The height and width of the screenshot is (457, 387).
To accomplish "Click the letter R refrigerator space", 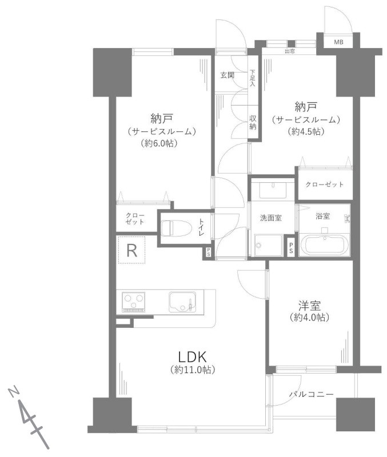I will (x=131, y=250).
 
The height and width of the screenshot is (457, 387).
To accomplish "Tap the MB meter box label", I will (x=339, y=42).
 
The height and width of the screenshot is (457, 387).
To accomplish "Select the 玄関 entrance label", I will (x=228, y=75).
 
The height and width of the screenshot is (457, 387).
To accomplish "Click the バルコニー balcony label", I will (x=311, y=394).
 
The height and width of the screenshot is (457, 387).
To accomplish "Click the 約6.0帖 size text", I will (x=158, y=144).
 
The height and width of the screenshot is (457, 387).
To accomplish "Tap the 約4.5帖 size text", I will (x=306, y=132).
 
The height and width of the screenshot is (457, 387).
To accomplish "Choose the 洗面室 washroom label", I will (x=270, y=218).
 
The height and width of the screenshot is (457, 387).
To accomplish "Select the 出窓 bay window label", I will (x=289, y=52).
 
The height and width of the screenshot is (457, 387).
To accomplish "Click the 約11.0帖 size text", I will (x=191, y=370).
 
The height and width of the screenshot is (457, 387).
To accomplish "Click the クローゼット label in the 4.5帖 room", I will (x=325, y=185).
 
